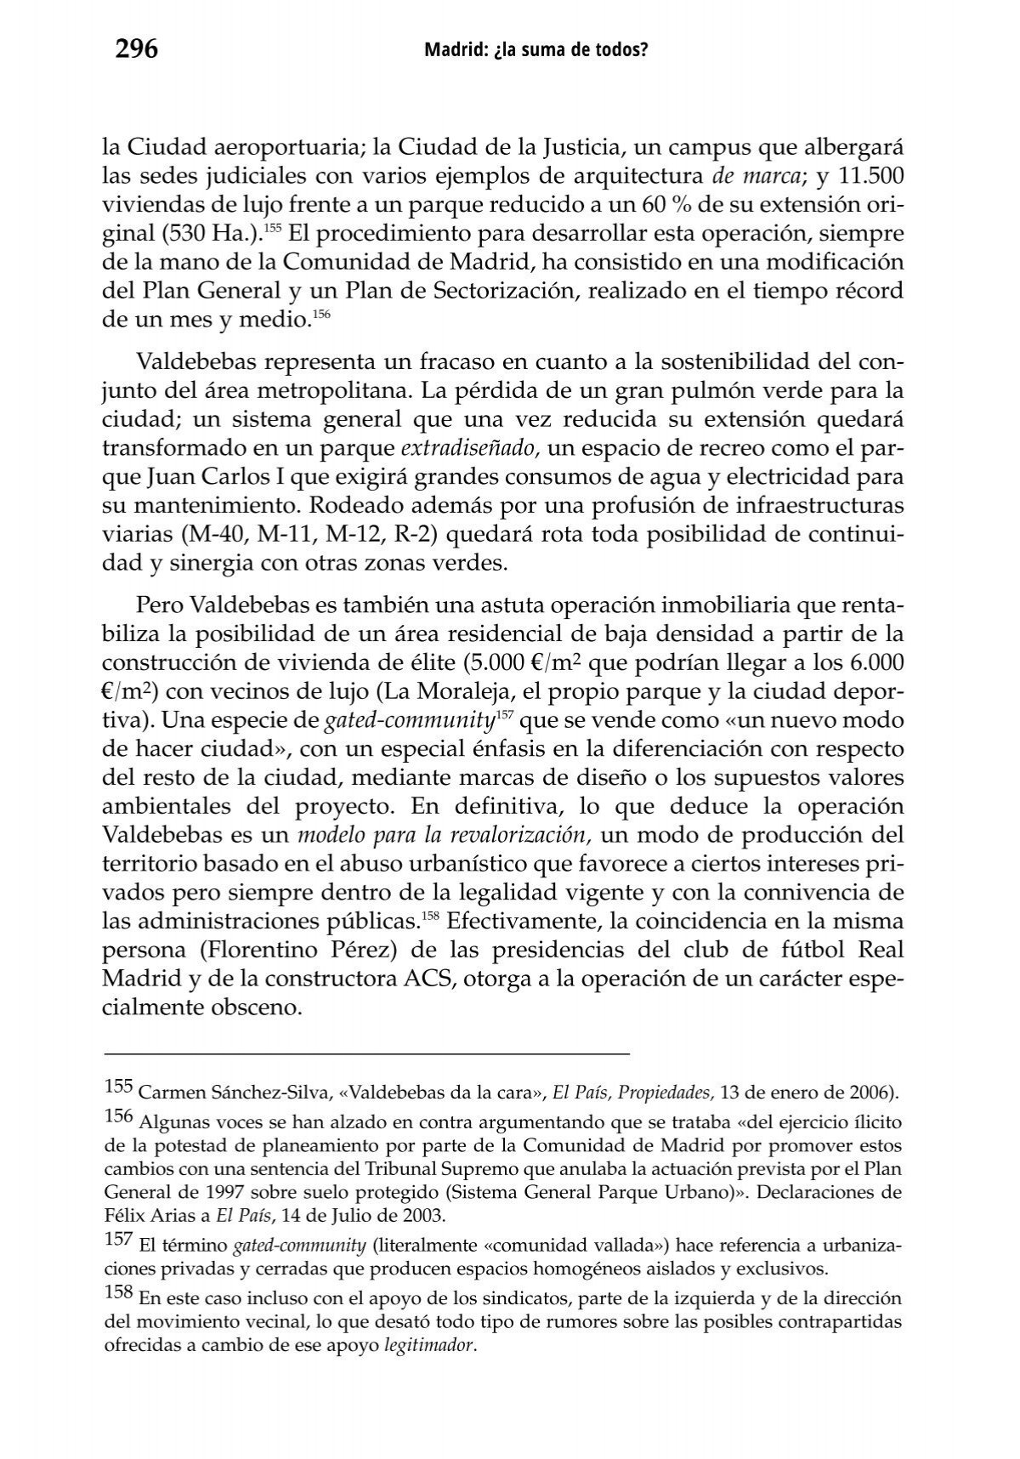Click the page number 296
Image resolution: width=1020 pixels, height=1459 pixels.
[x=137, y=51]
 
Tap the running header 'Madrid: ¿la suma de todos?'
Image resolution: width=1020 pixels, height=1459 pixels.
[x=535, y=52]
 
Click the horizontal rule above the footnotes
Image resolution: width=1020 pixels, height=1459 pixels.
[x=366, y=1054]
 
